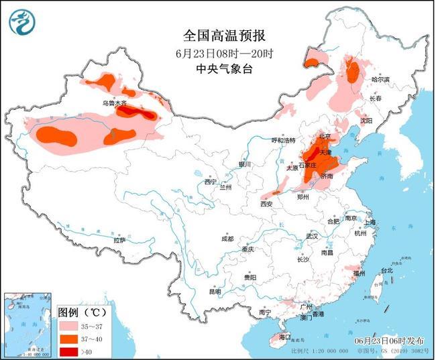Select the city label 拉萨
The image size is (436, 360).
click(x=119, y=240)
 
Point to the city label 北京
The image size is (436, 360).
click(x=325, y=136)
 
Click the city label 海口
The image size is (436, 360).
click(x=284, y=337)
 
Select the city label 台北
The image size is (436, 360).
click(x=387, y=271)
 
